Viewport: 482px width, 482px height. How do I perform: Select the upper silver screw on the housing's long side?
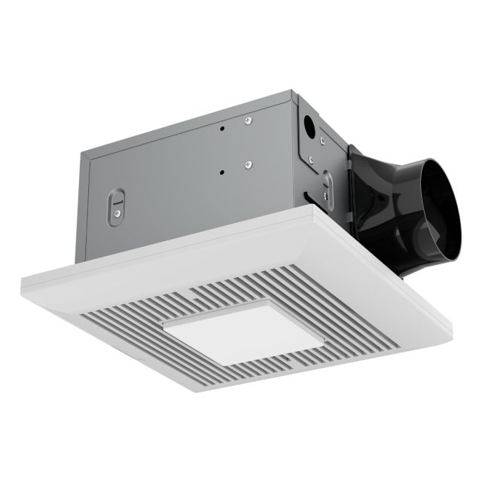(247, 119)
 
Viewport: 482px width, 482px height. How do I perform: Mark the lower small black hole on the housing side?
(221, 172)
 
